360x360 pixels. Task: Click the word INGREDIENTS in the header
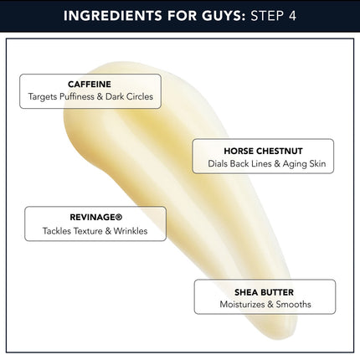(112, 16)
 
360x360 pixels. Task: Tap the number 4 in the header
(292, 16)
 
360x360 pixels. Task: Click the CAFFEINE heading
(90, 84)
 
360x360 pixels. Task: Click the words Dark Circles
(129, 96)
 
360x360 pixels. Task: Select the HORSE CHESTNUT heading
(263, 151)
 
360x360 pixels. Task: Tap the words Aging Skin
(304, 164)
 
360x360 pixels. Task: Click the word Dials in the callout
(218, 163)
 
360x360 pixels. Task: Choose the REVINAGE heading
(92, 217)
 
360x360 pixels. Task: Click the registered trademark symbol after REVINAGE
(119, 217)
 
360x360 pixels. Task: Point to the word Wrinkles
(131, 231)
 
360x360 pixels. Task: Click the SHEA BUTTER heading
(264, 292)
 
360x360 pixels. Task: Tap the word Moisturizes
(242, 304)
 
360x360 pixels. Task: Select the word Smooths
(293, 304)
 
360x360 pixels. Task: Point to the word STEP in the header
(267, 16)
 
